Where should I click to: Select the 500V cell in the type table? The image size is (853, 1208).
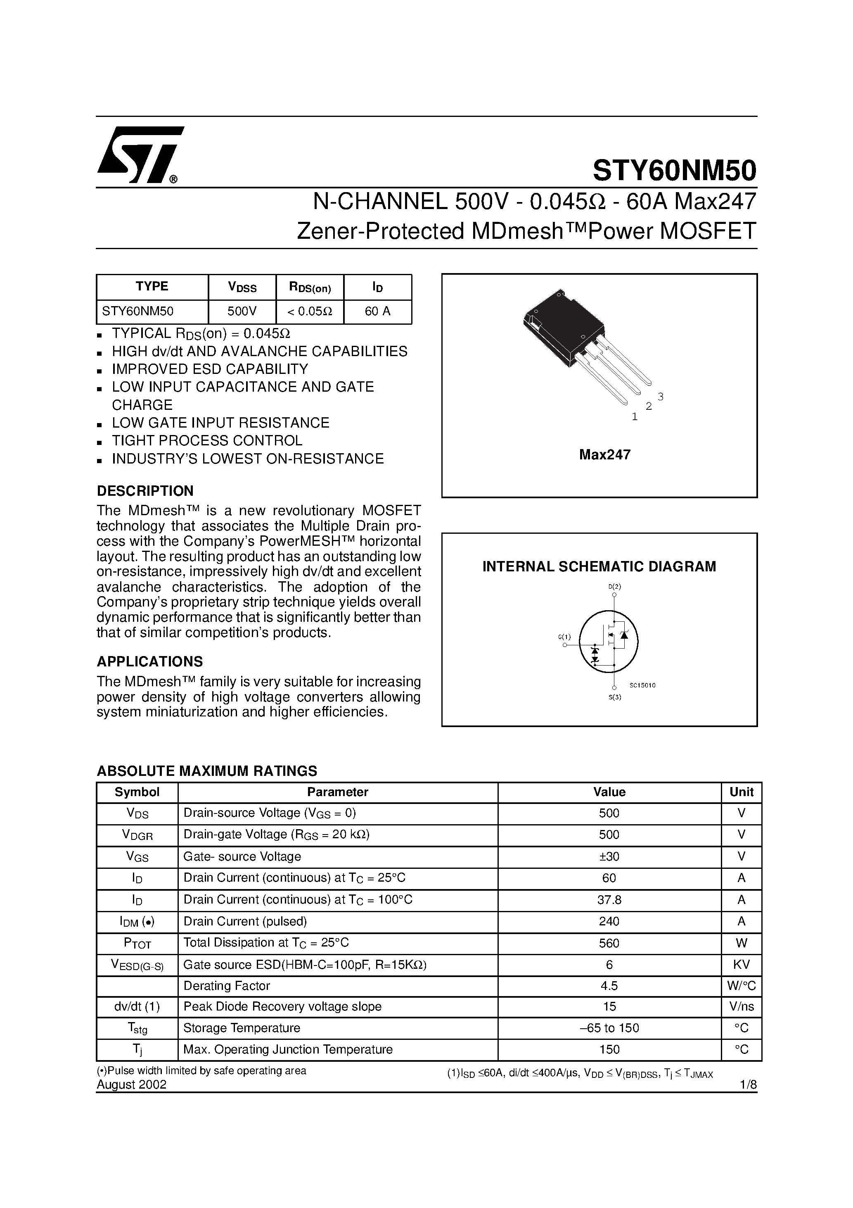(242, 312)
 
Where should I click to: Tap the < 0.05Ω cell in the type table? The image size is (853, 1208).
(309, 312)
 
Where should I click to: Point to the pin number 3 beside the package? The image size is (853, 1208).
(661, 396)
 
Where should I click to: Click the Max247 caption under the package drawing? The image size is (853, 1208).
(605, 454)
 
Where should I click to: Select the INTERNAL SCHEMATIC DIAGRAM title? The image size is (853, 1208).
(599, 567)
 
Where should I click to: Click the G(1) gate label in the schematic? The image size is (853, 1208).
(564, 637)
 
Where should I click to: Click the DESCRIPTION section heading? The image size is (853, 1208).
(145, 491)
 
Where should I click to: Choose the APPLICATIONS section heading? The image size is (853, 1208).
(150, 661)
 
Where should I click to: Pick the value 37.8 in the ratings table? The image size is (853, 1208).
(609, 900)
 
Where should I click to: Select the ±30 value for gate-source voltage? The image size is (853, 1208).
(609, 856)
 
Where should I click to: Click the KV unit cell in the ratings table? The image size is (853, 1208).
(741, 964)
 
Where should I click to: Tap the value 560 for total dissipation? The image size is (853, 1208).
(609, 943)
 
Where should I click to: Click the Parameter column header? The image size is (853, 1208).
(338, 792)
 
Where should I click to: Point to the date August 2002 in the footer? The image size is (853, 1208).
(131, 1084)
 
